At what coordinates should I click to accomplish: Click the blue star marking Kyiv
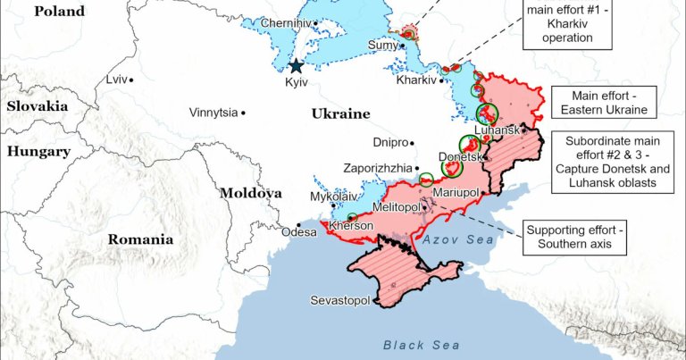pos(296,65)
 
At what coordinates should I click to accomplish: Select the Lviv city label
pos(115,80)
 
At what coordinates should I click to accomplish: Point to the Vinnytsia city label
pos(213,113)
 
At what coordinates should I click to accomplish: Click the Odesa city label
pos(298,232)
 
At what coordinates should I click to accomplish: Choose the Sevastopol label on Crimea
pos(339,300)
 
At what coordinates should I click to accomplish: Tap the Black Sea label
pos(422,345)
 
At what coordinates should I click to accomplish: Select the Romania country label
pos(140,239)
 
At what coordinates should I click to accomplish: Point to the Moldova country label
pos(251,193)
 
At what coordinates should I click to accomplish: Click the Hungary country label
pos(38,152)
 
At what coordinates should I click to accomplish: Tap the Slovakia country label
pos(38,105)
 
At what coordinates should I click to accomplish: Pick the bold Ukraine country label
pos(340,114)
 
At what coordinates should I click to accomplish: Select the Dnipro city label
pos(389,143)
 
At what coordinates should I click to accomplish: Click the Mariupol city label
pos(456,192)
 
